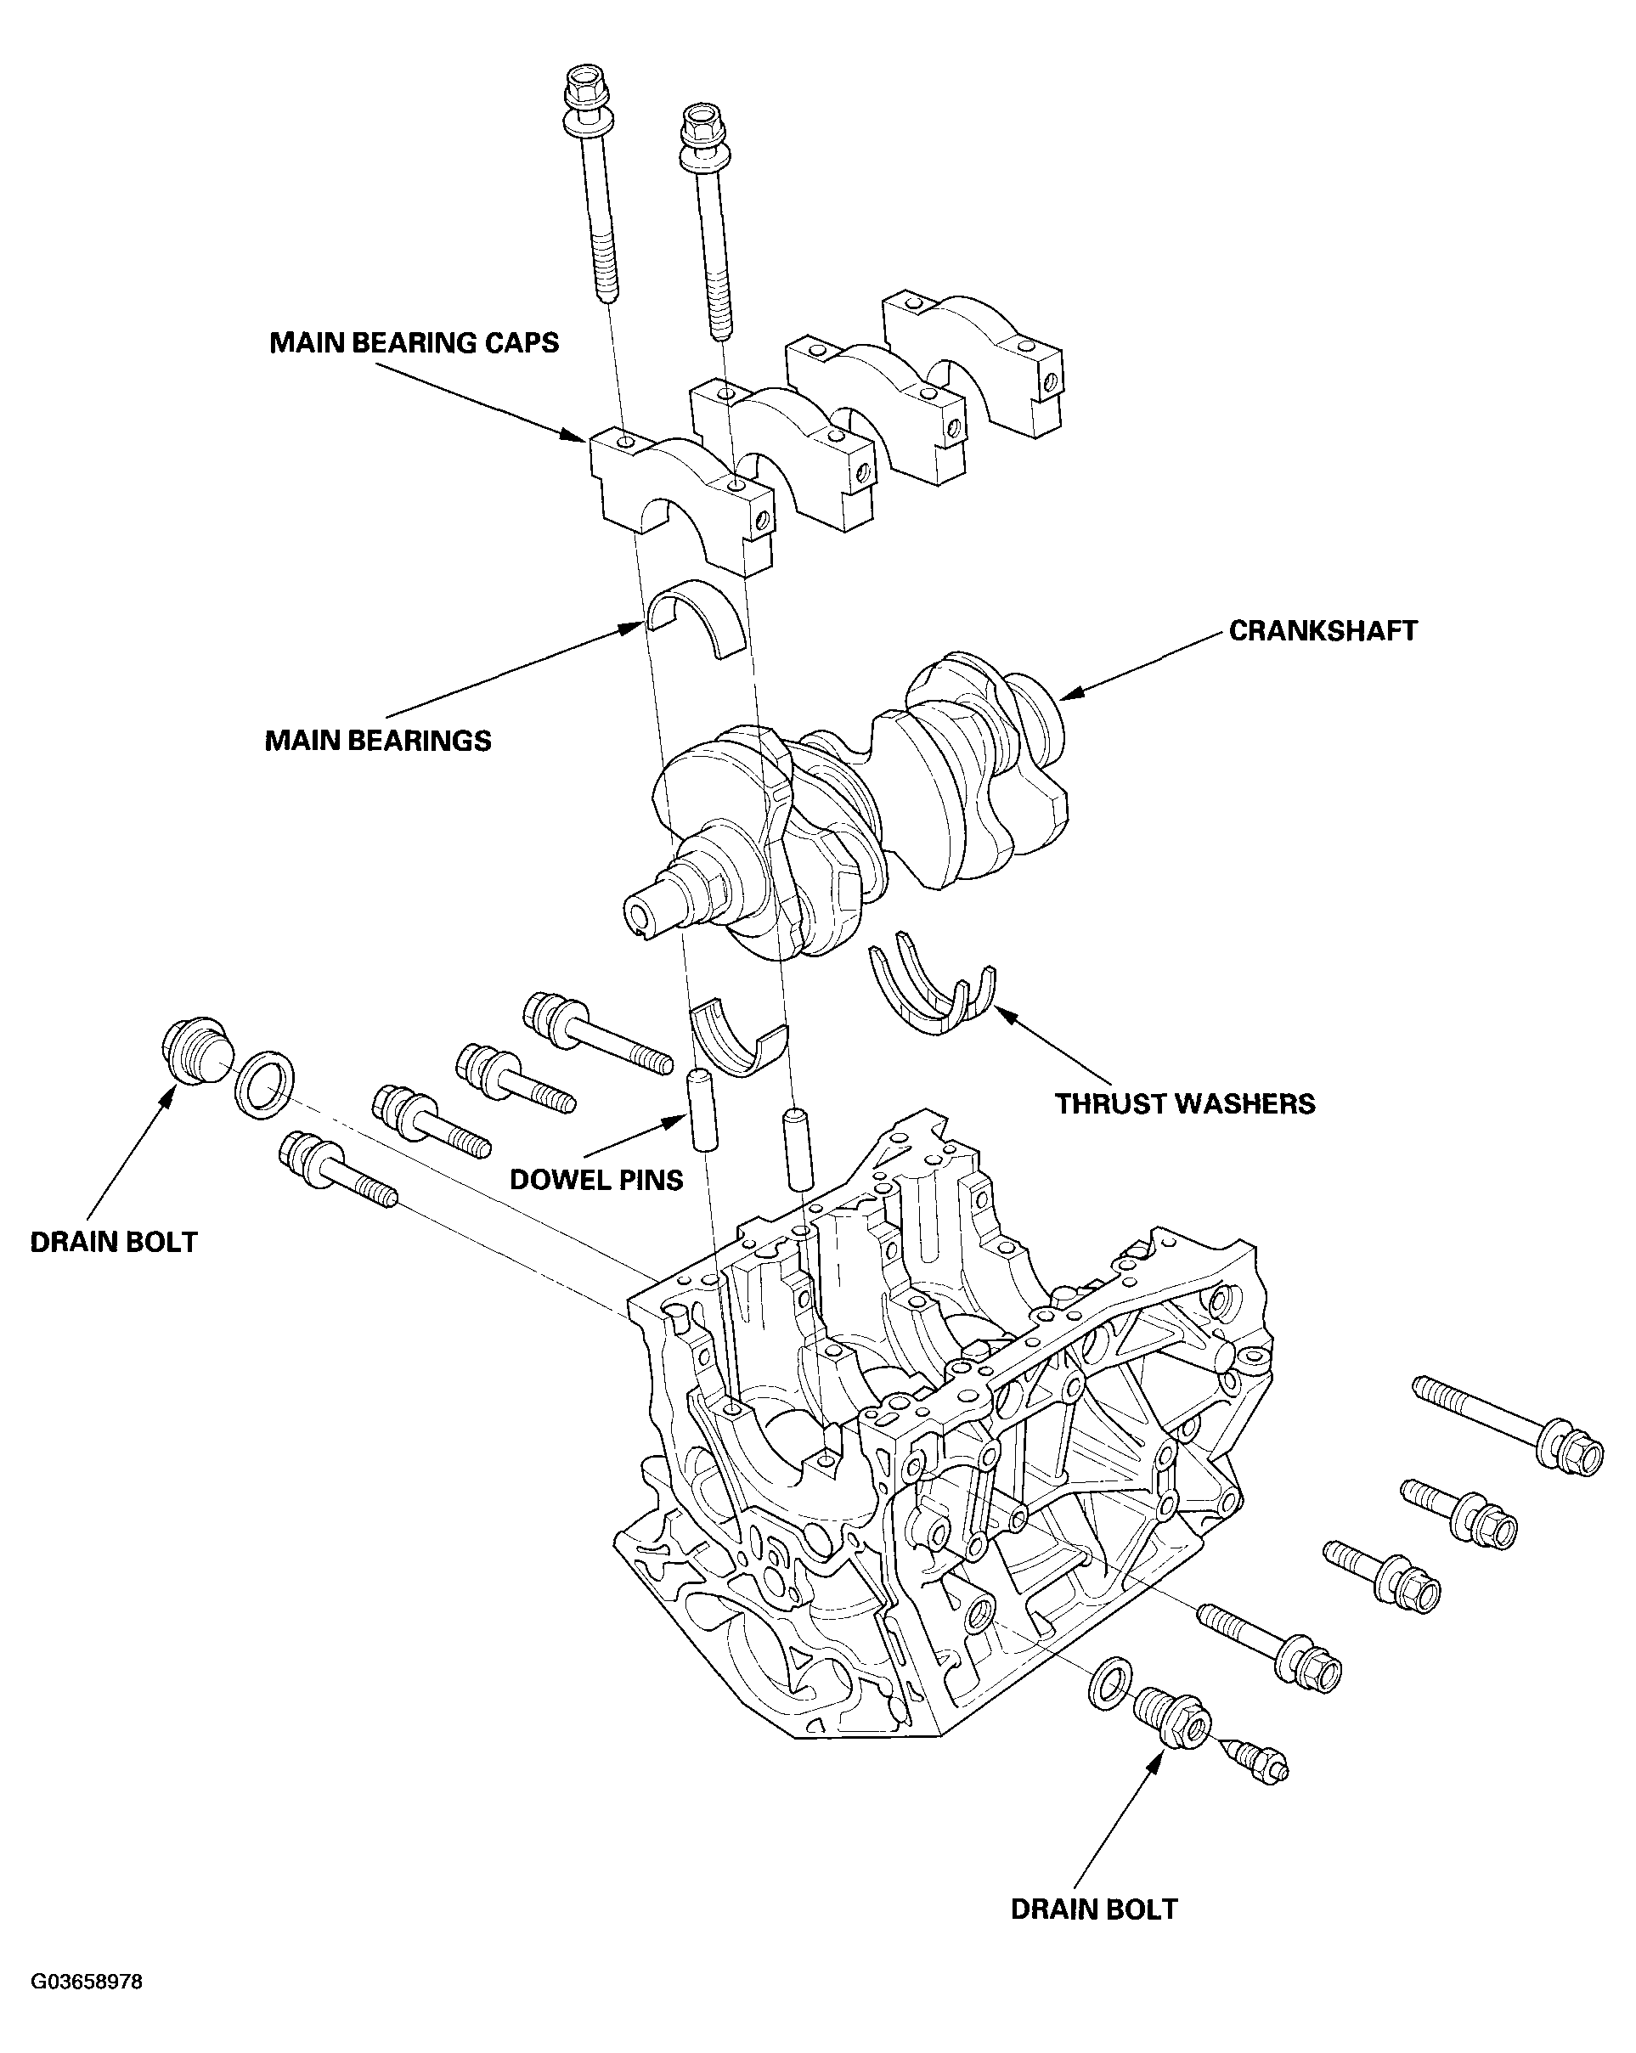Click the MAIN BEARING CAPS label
click(x=414, y=343)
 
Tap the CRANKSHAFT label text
click(x=1322, y=630)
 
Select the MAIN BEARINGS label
click(x=377, y=740)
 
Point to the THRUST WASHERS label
click(x=1185, y=1103)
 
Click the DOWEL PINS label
click(x=596, y=1180)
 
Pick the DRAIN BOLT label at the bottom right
click(x=1093, y=1928)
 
